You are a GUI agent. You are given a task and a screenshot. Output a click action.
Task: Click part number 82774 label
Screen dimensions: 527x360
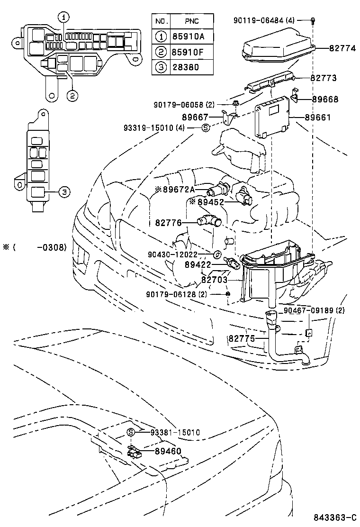[343, 48]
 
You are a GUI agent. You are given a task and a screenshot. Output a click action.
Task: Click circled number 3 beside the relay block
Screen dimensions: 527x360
[64, 191]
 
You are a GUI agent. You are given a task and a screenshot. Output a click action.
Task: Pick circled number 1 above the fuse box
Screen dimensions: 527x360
[64, 18]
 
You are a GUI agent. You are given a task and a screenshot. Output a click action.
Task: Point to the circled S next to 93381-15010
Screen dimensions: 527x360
[132, 432]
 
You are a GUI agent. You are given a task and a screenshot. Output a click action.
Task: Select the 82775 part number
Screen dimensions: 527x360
[242, 338]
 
